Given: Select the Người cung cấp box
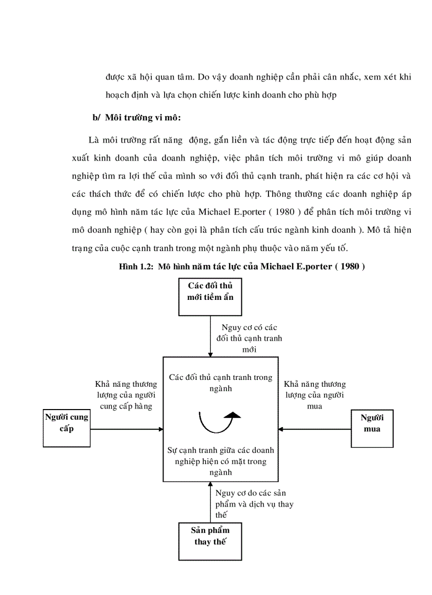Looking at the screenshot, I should pyautogui.click(x=66, y=427).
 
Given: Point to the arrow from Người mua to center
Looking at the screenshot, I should pyautogui.click(x=315, y=429).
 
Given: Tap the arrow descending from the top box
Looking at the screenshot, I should pyautogui.click(x=210, y=336).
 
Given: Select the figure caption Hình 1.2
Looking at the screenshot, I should pyautogui.click(x=242, y=267).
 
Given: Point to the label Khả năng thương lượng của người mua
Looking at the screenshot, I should pyautogui.click(x=314, y=395).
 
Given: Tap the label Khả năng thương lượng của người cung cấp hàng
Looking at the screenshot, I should pyautogui.click(x=126, y=395).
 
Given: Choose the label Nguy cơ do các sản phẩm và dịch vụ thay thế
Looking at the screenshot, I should pyautogui.click(x=254, y=504).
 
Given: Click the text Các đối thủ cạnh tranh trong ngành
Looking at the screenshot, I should pyautogui.click(x=221, y=383).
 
